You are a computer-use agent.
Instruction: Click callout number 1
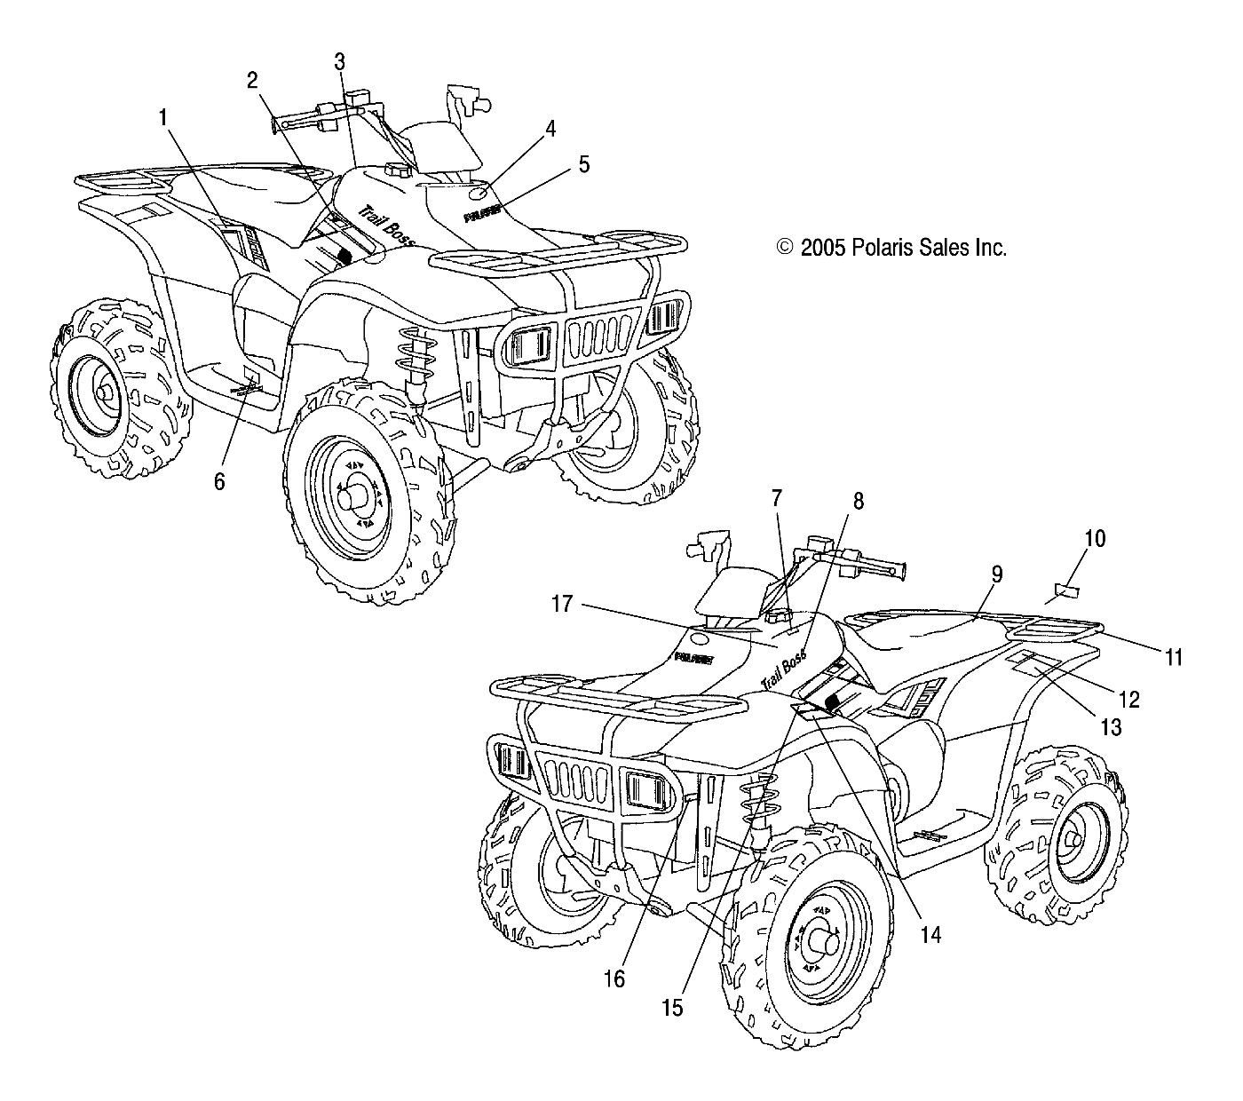coord(162,115)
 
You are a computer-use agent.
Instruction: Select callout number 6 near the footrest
coord(219,480)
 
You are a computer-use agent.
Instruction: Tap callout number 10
coord(1095,539)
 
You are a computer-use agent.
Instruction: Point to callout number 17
coord(561,605)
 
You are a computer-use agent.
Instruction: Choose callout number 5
coord(583,163)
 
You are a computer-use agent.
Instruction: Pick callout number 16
coord(614,978)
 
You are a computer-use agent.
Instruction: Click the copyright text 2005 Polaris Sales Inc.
coord(891,248)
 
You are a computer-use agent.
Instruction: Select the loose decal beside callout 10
coord(1065,590)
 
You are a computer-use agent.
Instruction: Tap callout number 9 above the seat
coord(996,574)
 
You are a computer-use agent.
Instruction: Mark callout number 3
coord(340,61)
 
